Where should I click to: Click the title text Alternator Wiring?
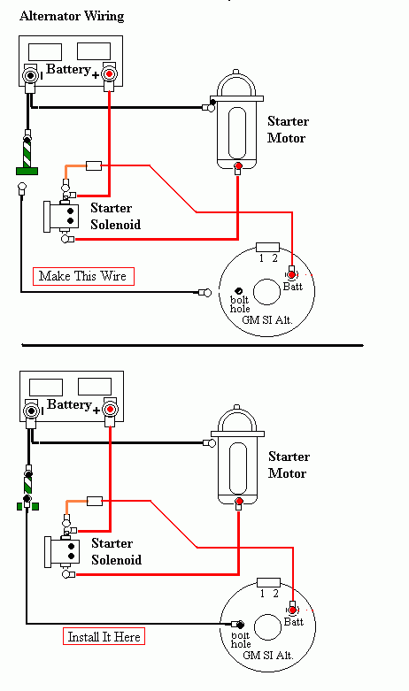click(x=72, y=16)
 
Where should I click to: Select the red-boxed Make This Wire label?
click(x=82, y=276)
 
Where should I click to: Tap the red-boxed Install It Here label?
click(x=104, y=636)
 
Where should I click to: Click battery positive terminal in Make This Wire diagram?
click(x=109, y=75)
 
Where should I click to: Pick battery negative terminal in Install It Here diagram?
click(x=31, y=411)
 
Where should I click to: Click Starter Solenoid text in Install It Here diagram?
click(x=116, y=552)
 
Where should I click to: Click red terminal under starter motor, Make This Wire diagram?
click(x=237, y=166)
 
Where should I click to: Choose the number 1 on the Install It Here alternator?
click(x=261, y=594)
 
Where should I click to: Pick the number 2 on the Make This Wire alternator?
click(x=274, y=258)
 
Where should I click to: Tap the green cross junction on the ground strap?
click(x=27, y=506)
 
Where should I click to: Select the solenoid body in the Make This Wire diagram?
click(x=58, y=215)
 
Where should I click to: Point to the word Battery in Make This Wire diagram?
click(x=69, y=70)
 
